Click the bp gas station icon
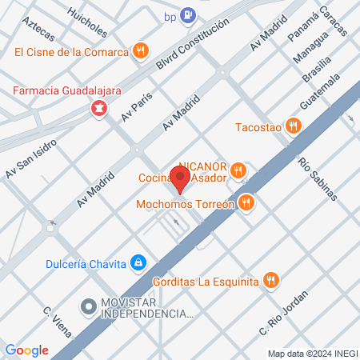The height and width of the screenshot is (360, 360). click(187, 14)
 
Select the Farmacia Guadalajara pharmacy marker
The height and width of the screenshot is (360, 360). click(99, 107)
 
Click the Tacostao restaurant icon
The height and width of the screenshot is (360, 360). click(294, 126)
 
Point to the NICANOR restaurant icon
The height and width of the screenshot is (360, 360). click(238, 170)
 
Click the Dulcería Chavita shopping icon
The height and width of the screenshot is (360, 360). click(139, 262)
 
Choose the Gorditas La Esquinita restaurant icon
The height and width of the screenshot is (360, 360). click(272, 280)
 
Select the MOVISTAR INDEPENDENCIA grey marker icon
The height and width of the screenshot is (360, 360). click(88, 305)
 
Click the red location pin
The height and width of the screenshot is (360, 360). click(182, 178)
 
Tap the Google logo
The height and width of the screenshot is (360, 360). click(26, 350)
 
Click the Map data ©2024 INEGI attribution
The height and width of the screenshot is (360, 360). click(312, 353)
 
